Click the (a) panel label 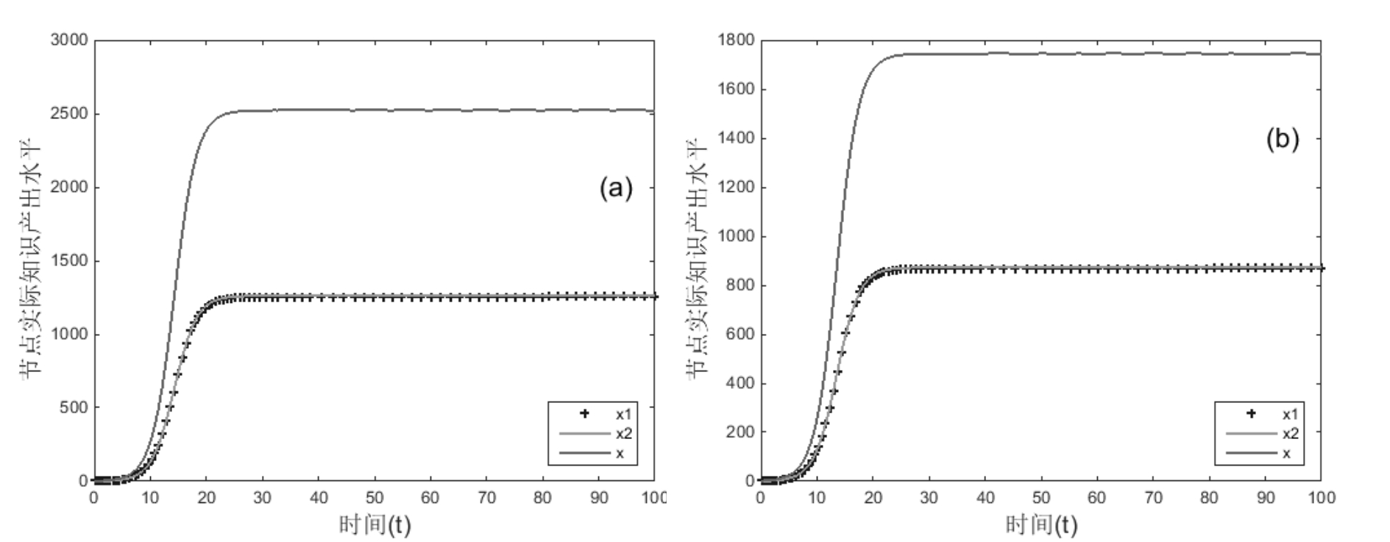pos(615,188)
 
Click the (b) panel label pos(1282,138)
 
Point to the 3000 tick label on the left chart pos(68,40)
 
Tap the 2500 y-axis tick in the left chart pos(68,113)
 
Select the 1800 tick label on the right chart pos(736,40)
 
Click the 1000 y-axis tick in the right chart pos(736,236)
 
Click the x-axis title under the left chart pos(375,524)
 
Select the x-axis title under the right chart pos(1041,524)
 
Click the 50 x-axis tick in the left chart pos(375,498)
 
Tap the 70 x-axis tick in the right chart pos(1153,498)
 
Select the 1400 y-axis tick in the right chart pos(736,138)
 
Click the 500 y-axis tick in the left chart pos(73,407)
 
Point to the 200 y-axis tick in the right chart pos(740,432)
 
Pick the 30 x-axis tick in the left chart pos(263,498)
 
